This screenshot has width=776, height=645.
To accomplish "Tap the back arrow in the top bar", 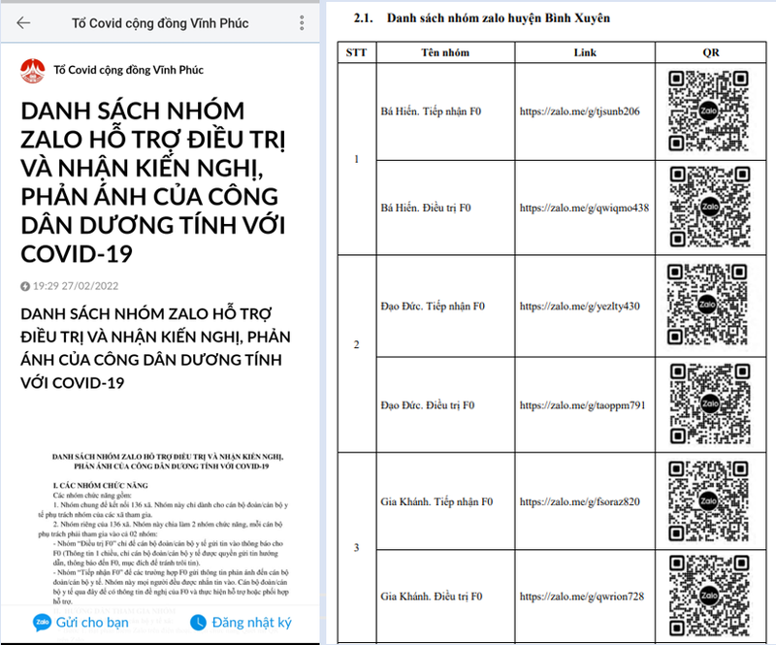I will [x=23, y=22].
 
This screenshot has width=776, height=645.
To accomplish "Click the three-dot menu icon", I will [x=302, y=22].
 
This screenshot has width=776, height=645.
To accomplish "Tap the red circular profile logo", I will [x=32, y=70].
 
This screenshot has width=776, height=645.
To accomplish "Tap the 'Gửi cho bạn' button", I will [x=81, y=622].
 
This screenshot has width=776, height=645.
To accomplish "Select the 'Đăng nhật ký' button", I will [x=241, y=622].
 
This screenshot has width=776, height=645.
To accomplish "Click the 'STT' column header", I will [x=355, y=52].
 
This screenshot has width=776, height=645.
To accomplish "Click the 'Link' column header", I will [x=585, y=52].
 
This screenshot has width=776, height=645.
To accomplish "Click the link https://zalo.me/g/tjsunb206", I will [x=579, y=112].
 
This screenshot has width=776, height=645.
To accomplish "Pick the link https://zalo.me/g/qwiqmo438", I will [x=584, y=208].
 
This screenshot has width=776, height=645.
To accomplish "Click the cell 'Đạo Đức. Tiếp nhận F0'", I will [x=433, y=306].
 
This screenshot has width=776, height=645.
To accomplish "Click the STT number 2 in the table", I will [x=356, y=345].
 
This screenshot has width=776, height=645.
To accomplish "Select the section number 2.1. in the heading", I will [x=366, y=18].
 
